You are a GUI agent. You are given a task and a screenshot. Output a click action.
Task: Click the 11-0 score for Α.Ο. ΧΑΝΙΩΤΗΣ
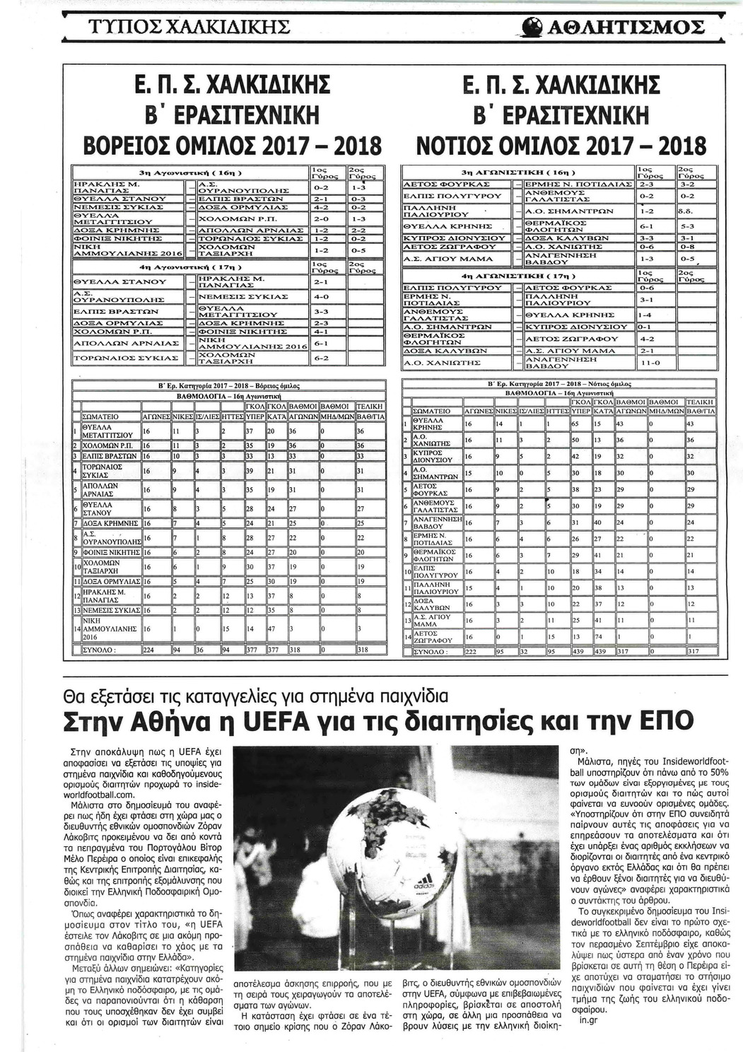[648, 363]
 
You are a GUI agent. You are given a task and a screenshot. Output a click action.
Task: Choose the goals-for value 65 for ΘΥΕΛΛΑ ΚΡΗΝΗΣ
[575, 424]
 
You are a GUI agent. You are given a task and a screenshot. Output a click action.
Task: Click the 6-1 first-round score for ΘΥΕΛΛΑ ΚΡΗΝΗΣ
[648, 226]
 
